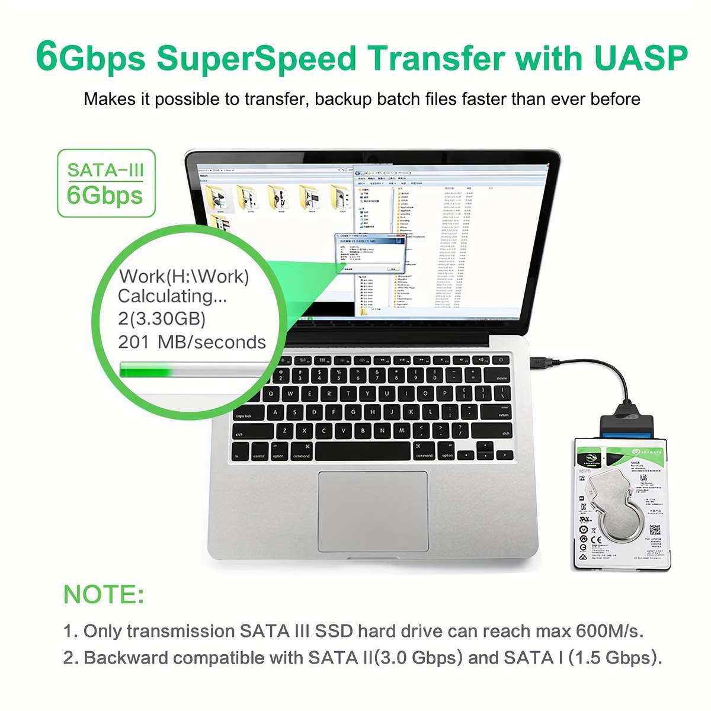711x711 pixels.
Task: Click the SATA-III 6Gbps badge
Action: (x=105, y=183)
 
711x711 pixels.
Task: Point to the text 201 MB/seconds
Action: (x=192, y=342)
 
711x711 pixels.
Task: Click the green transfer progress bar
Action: (x=145, y=370)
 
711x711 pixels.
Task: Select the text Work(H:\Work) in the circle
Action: (x=184, y=276)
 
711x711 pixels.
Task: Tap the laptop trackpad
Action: (x=373, y=511)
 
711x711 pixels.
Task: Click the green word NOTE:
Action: (x=104, y=594)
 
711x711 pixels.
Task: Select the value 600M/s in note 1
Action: (x=609, y=630)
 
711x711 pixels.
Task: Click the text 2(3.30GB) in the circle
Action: (x=162, y=319)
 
